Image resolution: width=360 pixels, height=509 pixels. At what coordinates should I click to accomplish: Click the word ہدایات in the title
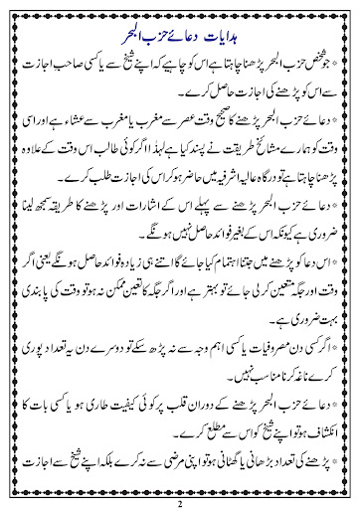[x=234, y=14]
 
